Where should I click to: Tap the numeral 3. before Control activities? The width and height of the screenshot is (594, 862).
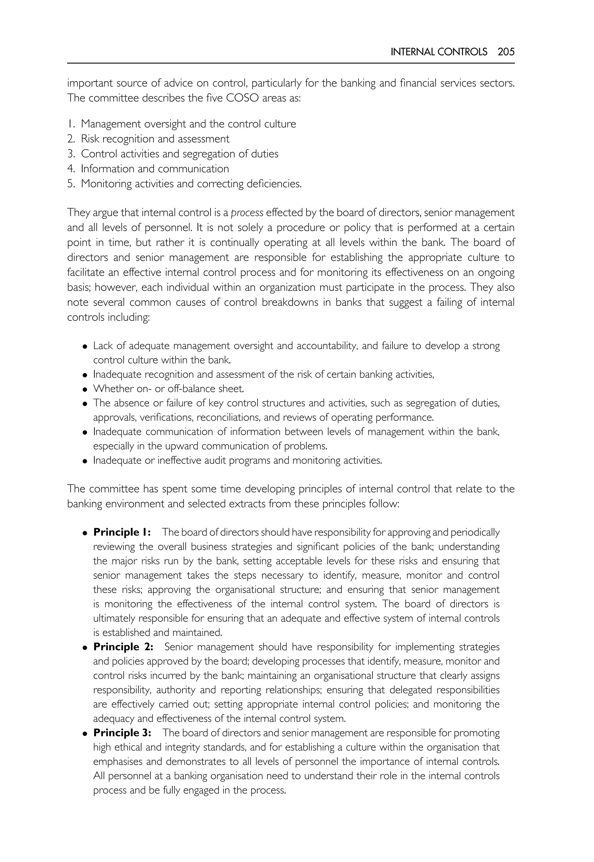pos(71,154)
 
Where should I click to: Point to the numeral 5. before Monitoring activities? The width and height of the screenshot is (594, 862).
pos(71,184)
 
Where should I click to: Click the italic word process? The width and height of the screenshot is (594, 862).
pos(247,213)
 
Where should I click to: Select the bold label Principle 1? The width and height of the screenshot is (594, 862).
pos(122,532)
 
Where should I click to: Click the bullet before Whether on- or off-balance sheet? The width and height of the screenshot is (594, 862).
pos(85,390)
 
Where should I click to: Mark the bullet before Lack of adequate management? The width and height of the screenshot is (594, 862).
pos(85,347)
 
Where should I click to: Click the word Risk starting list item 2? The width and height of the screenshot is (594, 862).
pos(90,139)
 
